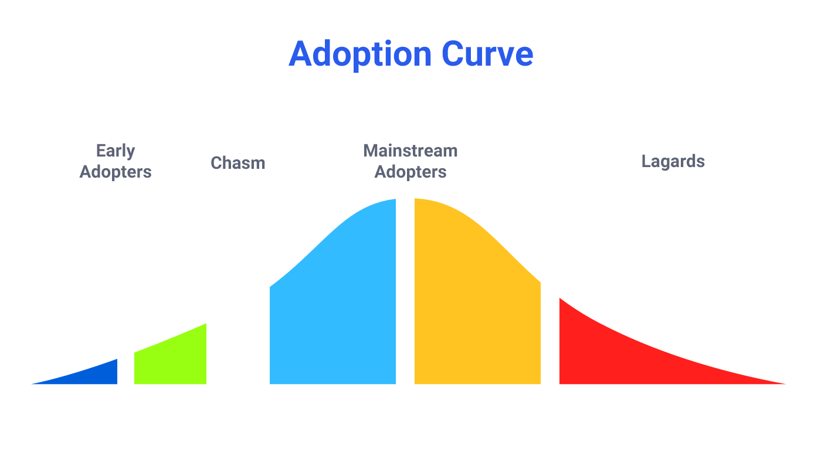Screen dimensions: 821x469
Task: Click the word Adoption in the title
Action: (x=360, y=55)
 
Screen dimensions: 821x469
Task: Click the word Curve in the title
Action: (x=487, y=54)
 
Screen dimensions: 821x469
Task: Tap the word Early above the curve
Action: (x=116, y=151)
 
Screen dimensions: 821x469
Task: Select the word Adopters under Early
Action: (x=116, y=172)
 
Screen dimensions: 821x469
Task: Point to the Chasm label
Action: (x=238, y=163)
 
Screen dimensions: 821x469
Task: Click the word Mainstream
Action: (x=410, y=151)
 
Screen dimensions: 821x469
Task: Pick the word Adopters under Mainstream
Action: (x=410, y=172)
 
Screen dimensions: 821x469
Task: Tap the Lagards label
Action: (x=673, y=162)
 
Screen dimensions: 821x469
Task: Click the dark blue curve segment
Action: (x=95, y=376)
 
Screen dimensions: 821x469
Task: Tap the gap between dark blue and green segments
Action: (x=125, y=370)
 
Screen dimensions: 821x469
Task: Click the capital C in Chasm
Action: (x=216, y=163)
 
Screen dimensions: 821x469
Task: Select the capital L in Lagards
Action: (x=646, y=161)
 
